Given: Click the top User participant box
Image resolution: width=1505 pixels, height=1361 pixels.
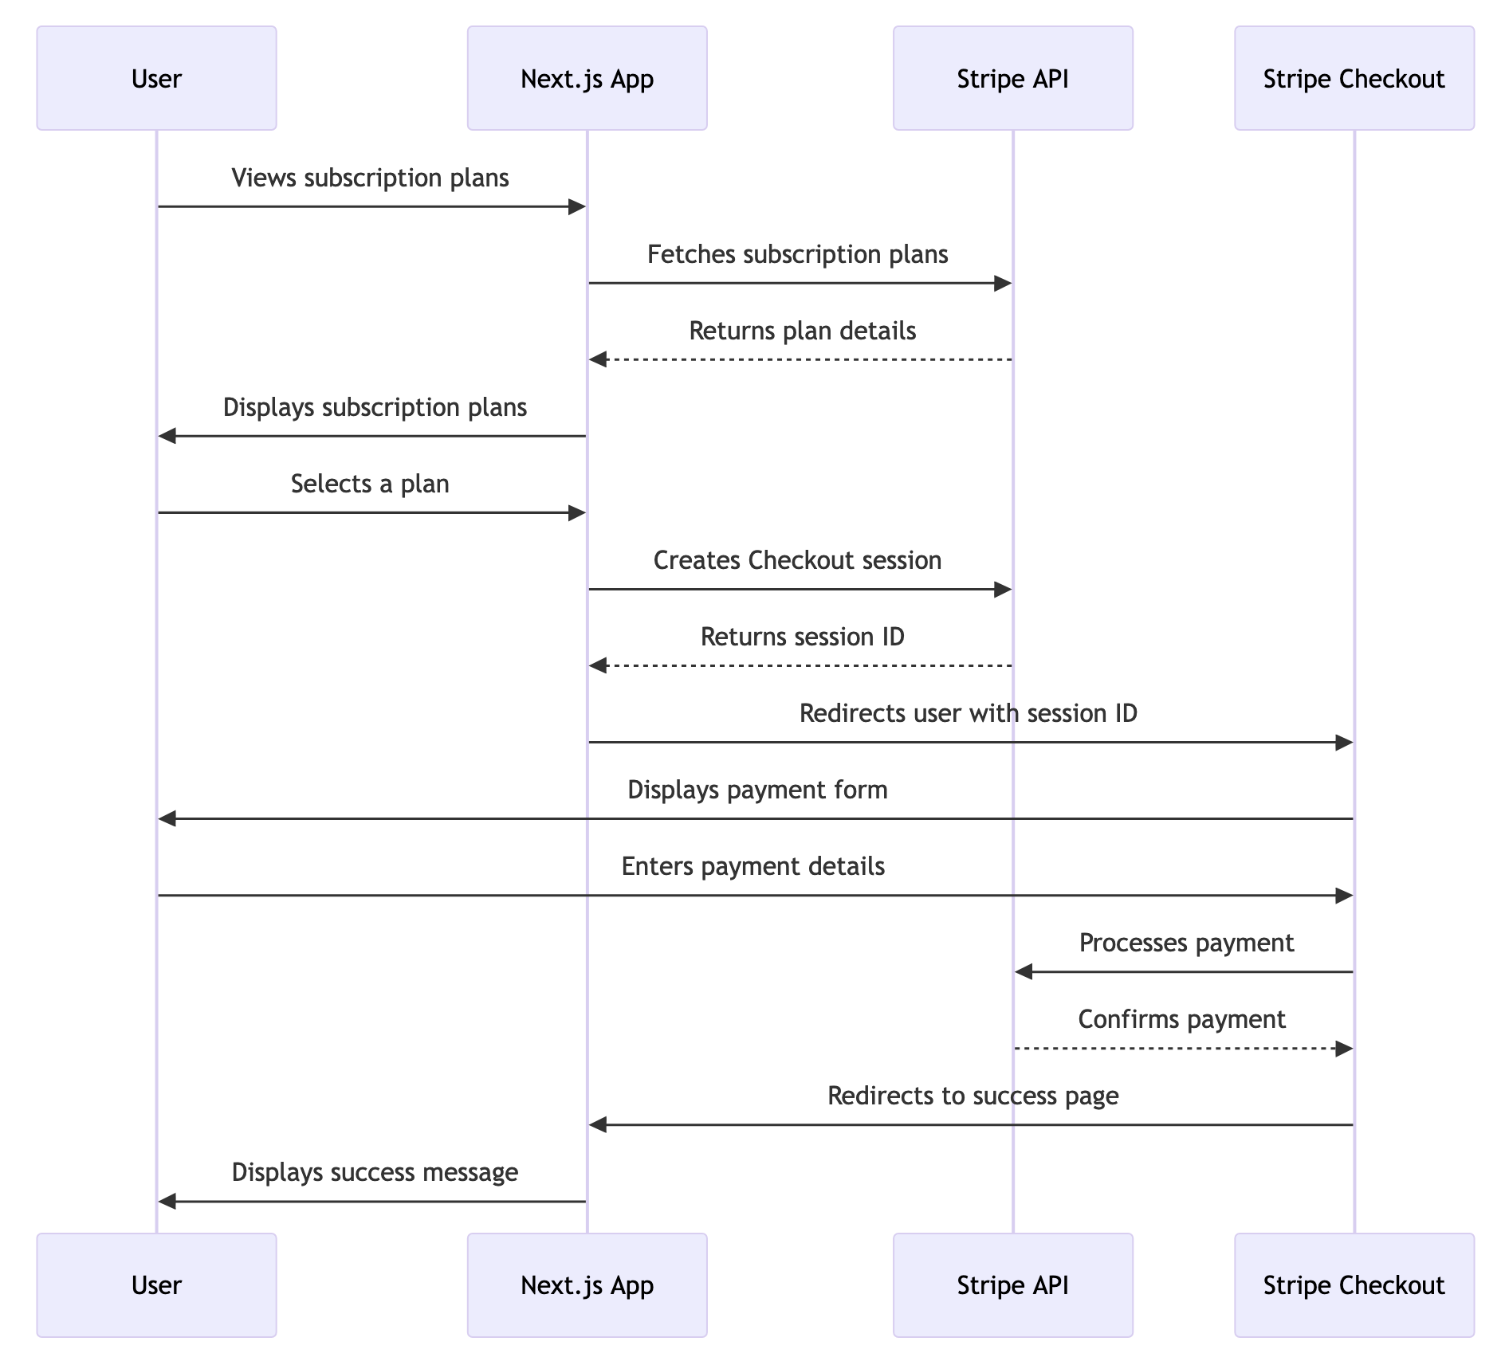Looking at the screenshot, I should pos(156,78).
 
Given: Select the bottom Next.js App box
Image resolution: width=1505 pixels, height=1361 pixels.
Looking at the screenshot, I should pos(587,1285).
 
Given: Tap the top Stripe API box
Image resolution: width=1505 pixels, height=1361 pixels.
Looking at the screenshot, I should pos(1012,78).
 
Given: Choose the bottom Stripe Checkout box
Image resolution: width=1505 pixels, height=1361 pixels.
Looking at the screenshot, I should pos(1354,1285).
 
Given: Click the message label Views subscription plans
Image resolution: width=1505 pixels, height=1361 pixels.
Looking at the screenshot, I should pos(370,178).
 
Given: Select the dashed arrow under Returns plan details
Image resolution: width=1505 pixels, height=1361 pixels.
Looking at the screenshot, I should pos(800,360).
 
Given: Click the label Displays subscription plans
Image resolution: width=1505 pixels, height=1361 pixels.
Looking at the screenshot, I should pos(375,407).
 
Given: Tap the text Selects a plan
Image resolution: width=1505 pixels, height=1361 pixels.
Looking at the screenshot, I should pos(370,484).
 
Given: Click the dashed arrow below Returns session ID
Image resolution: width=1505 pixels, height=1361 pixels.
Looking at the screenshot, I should pos(800,666).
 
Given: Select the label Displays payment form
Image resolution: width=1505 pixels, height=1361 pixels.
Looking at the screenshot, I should pos(757,790).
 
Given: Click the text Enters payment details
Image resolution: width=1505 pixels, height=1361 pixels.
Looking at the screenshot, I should pos(752,866).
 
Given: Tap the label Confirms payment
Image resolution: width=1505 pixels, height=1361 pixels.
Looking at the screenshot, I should pos(1181,1019).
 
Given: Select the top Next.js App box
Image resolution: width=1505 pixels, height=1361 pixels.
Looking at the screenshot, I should pos(587,78).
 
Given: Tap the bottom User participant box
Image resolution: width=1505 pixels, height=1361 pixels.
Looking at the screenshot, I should pos(156,1285).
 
